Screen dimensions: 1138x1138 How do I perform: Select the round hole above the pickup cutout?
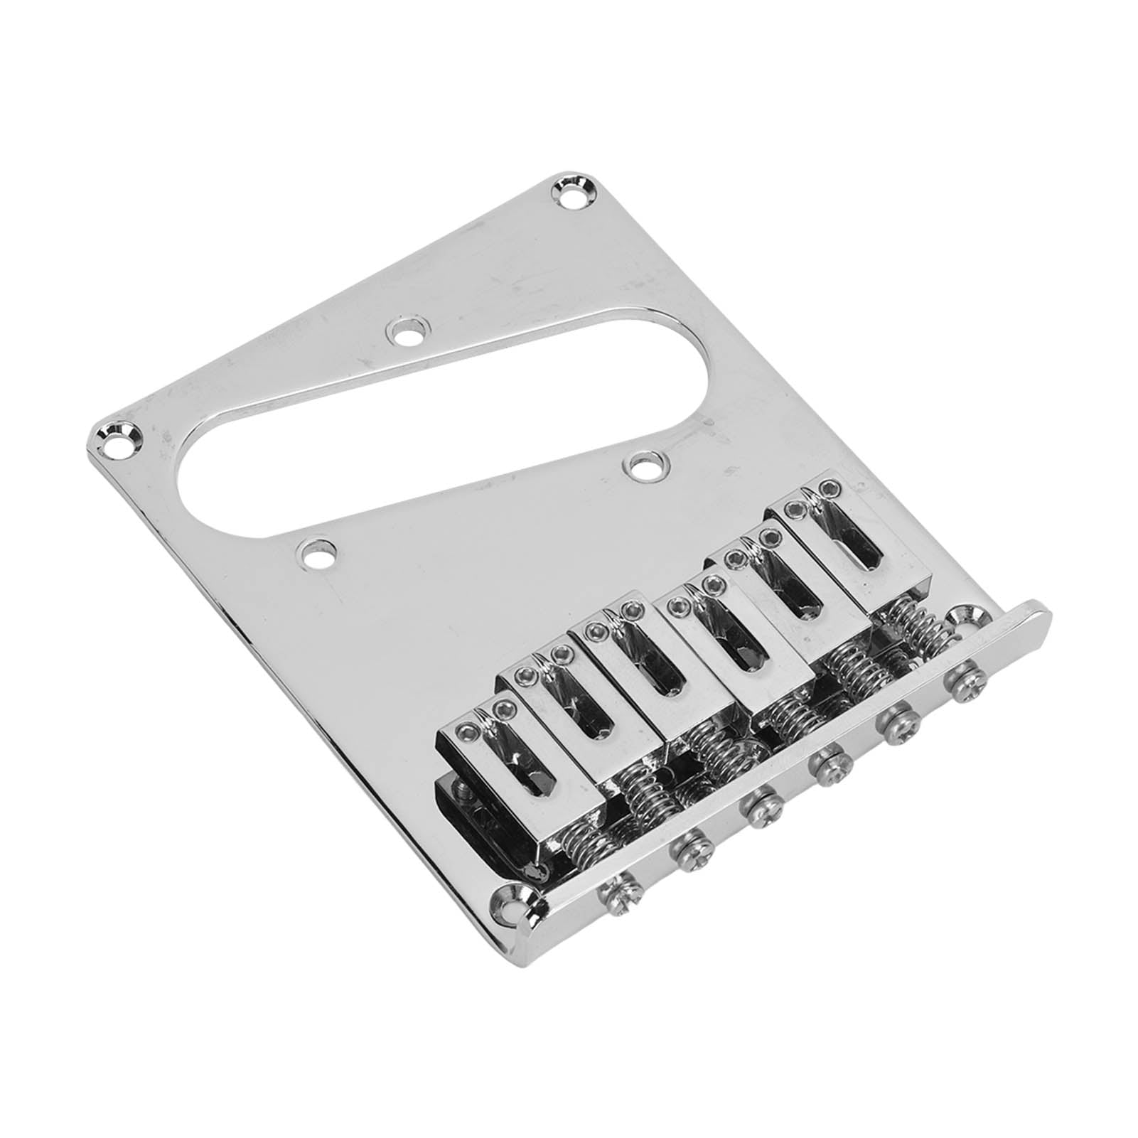click(x=408, y=331)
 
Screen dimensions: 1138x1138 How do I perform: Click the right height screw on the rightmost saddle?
click(x=828, y=488)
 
